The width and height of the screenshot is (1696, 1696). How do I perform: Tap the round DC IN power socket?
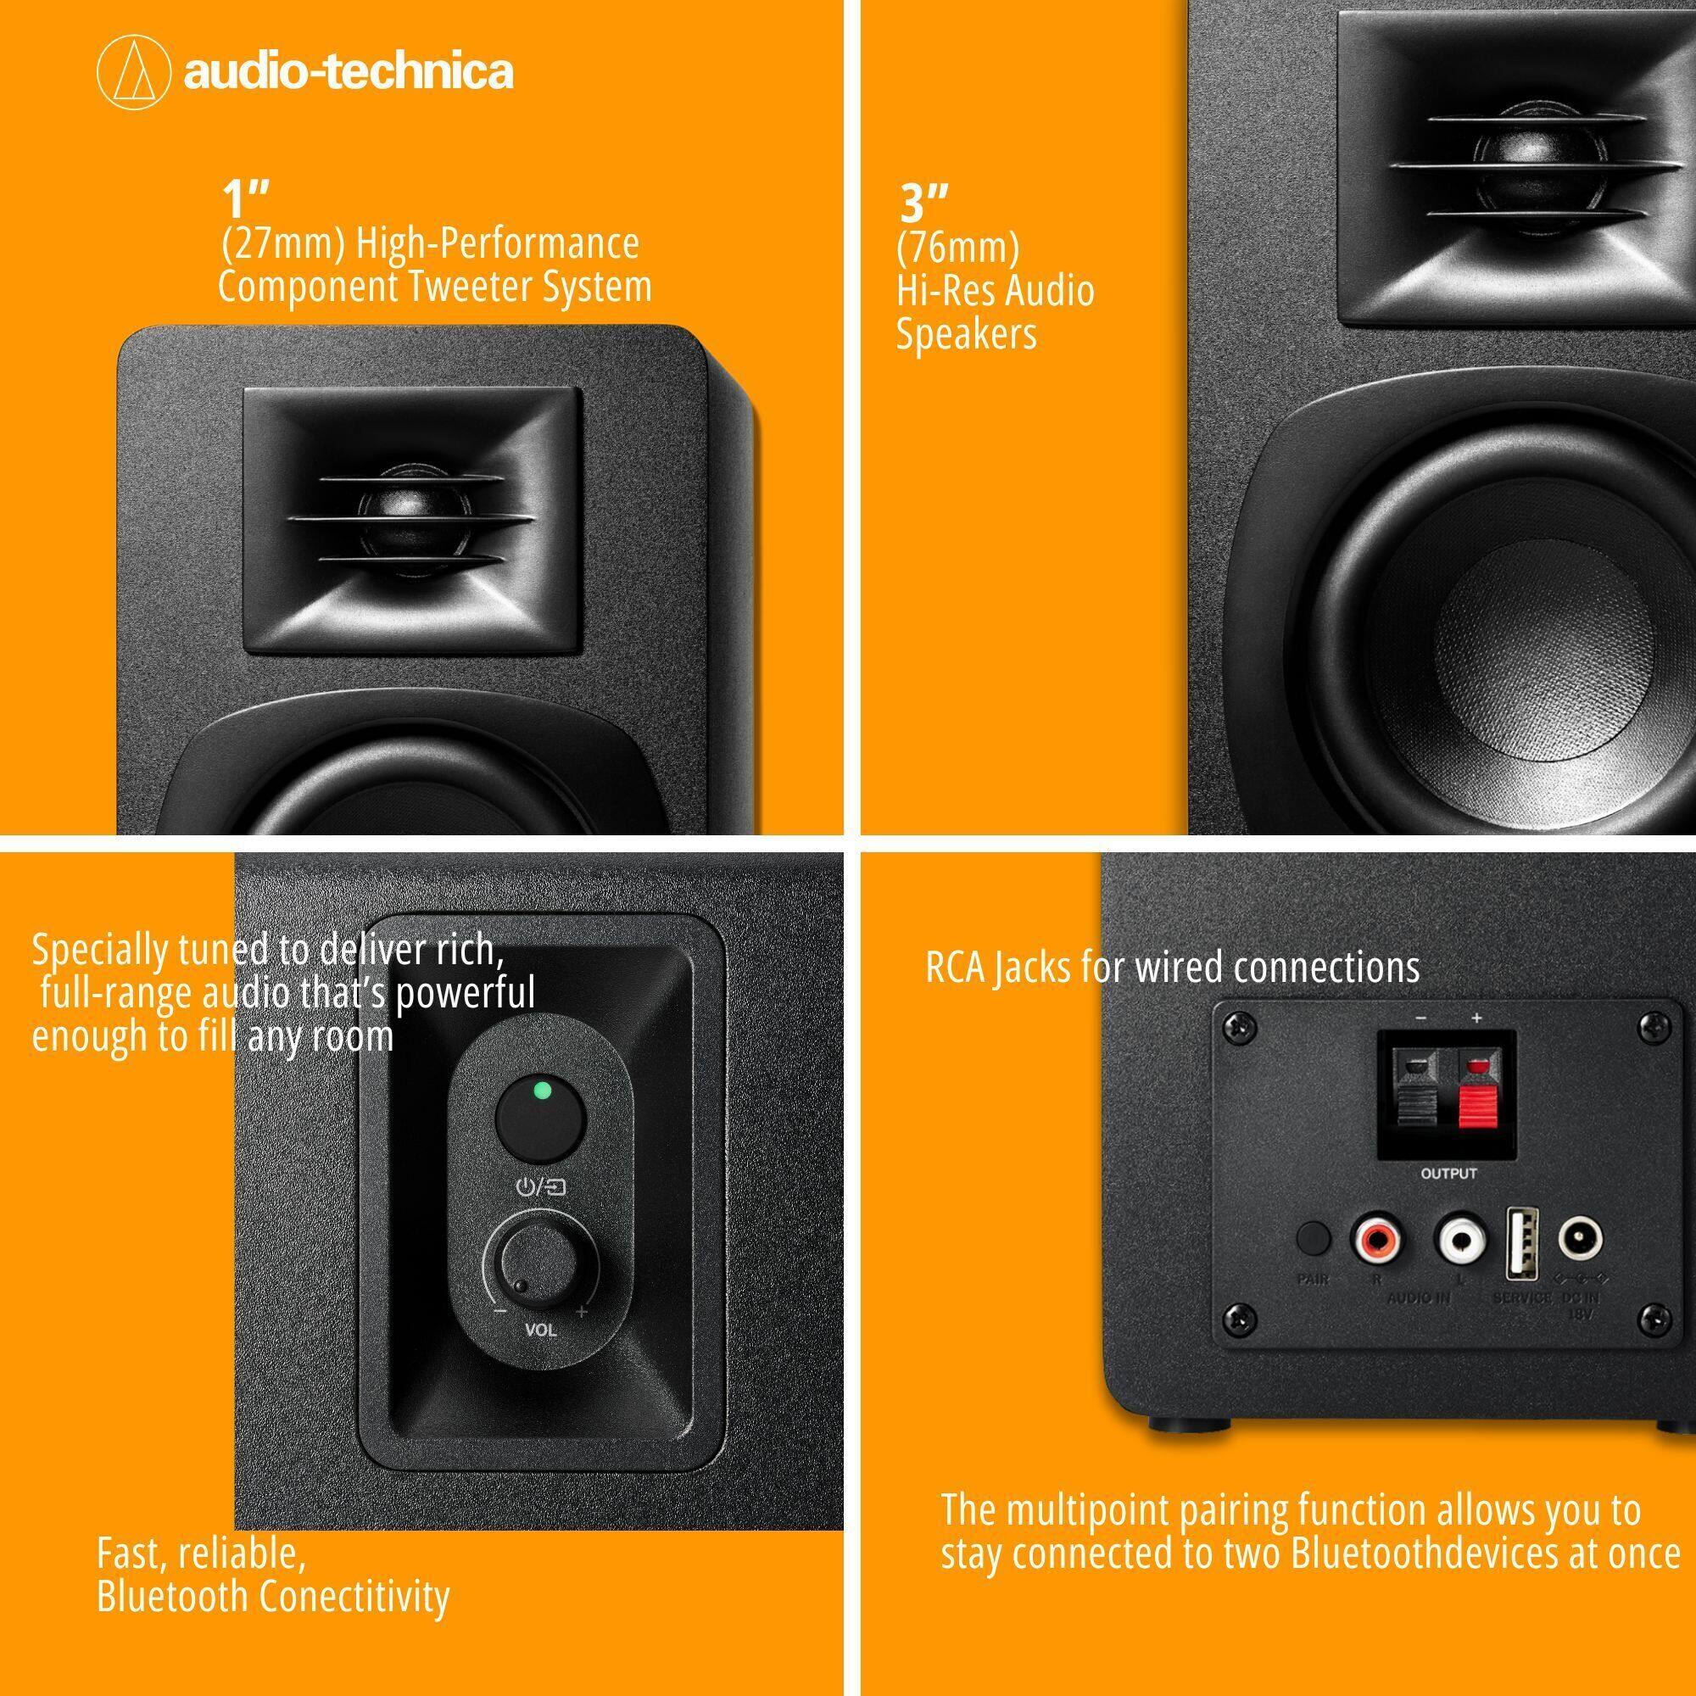click(1580, 1240)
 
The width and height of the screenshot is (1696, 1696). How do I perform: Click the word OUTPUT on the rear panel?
click(1448, 1174)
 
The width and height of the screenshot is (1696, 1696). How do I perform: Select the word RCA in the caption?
click(956, 968)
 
